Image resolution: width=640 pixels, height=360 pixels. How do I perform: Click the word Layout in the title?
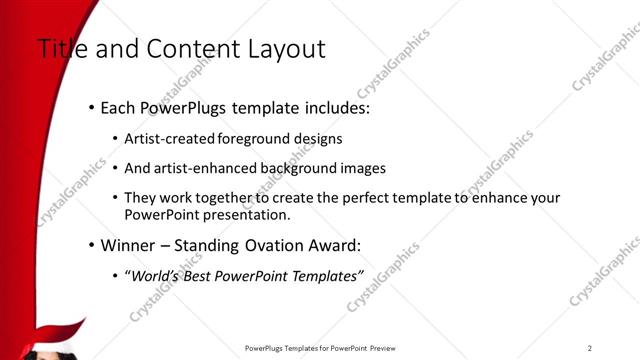point(291,49)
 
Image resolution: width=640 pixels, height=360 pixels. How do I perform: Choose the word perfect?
point(344,198)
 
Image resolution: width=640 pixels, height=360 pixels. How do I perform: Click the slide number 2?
point(590,347)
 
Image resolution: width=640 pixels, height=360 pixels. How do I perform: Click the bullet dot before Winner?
point(92,245)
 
